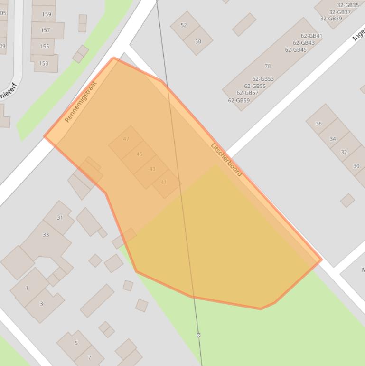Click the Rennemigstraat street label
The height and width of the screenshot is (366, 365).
(80, 102)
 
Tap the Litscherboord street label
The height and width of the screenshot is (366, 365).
(226, 159)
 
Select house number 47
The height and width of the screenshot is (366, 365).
(126, 139)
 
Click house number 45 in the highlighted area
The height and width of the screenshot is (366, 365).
(139, 154)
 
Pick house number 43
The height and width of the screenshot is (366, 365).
(152, 169)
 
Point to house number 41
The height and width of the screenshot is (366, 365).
(164, 182)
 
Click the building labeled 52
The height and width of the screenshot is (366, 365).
(184, 25)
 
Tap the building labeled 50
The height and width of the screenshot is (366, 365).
(198, 41)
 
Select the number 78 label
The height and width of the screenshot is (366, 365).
(268, 66)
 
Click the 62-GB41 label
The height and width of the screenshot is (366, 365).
(311, 36)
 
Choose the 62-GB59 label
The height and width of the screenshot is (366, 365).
(239, 100)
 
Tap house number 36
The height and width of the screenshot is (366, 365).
(318, 124)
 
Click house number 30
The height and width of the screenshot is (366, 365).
(356, 166)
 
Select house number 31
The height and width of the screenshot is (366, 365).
(60, 218)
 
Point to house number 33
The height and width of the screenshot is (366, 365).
(46, 234)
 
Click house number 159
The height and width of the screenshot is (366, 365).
(47, 14)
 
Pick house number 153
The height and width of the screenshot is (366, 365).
(44, 63)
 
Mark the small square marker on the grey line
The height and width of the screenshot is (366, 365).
(198, 335)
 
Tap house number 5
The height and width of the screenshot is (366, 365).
(76, 343)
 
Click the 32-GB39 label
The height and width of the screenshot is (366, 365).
(331, 19)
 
